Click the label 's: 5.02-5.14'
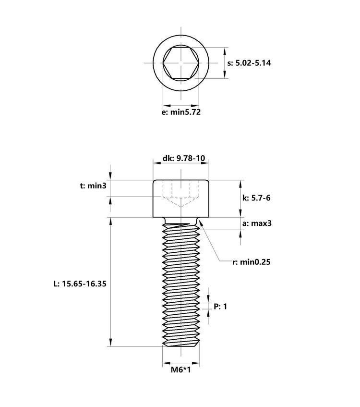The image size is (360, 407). (x=249, y=63)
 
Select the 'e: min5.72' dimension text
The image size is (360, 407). (x=181, y=112)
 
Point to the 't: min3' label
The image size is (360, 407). (x=93, y=185)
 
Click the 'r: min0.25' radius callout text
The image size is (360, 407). (x=252, y=262)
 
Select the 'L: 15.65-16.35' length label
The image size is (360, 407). (x=80, y=284)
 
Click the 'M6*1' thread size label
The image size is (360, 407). (x=181, y=370)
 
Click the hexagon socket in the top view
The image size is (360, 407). (x=181, y=63)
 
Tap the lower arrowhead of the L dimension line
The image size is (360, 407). (x=110, y=343)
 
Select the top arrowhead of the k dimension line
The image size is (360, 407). (x=240, y=183)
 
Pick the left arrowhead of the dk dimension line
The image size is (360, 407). (x=156, y=163)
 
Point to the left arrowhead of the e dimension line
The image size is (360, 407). (x=166, y=105)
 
